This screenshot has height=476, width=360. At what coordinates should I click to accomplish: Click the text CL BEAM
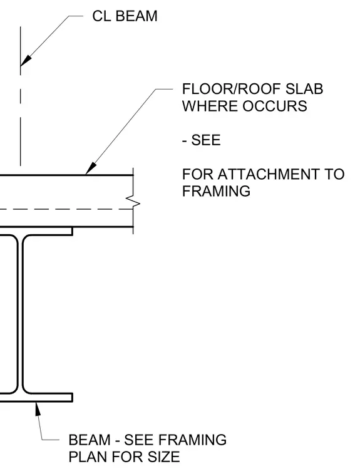pos(125,16)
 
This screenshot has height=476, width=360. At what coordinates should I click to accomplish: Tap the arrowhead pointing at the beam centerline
pos(26,60)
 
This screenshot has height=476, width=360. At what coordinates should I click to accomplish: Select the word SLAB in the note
pos(304,89)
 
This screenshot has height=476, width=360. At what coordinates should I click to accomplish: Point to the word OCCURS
pos(275,106)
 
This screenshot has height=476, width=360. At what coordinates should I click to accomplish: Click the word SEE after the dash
pos(206,140)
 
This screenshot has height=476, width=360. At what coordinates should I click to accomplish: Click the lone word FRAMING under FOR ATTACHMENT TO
pos(216,191)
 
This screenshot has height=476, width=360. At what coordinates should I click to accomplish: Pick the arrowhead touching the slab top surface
pos(91,168)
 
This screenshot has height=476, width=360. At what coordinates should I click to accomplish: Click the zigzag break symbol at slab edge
pos(133,201)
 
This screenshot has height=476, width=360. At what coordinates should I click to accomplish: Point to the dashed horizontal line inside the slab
pos(66,209)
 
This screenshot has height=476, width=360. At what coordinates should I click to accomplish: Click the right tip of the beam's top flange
pos(72,231)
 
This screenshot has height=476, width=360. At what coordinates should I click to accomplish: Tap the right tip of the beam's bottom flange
pos(72,397)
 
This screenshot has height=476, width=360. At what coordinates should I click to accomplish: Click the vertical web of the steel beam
pos(20,314)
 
